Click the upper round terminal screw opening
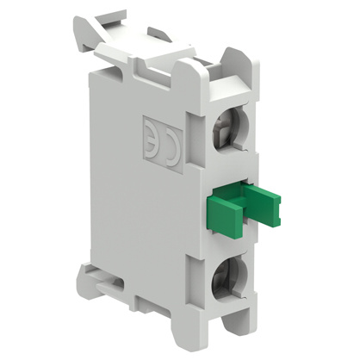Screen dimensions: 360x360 pyautogui.click(x=229, y=127)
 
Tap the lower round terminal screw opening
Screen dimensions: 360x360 pyautogui.click(x=229, y=276)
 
